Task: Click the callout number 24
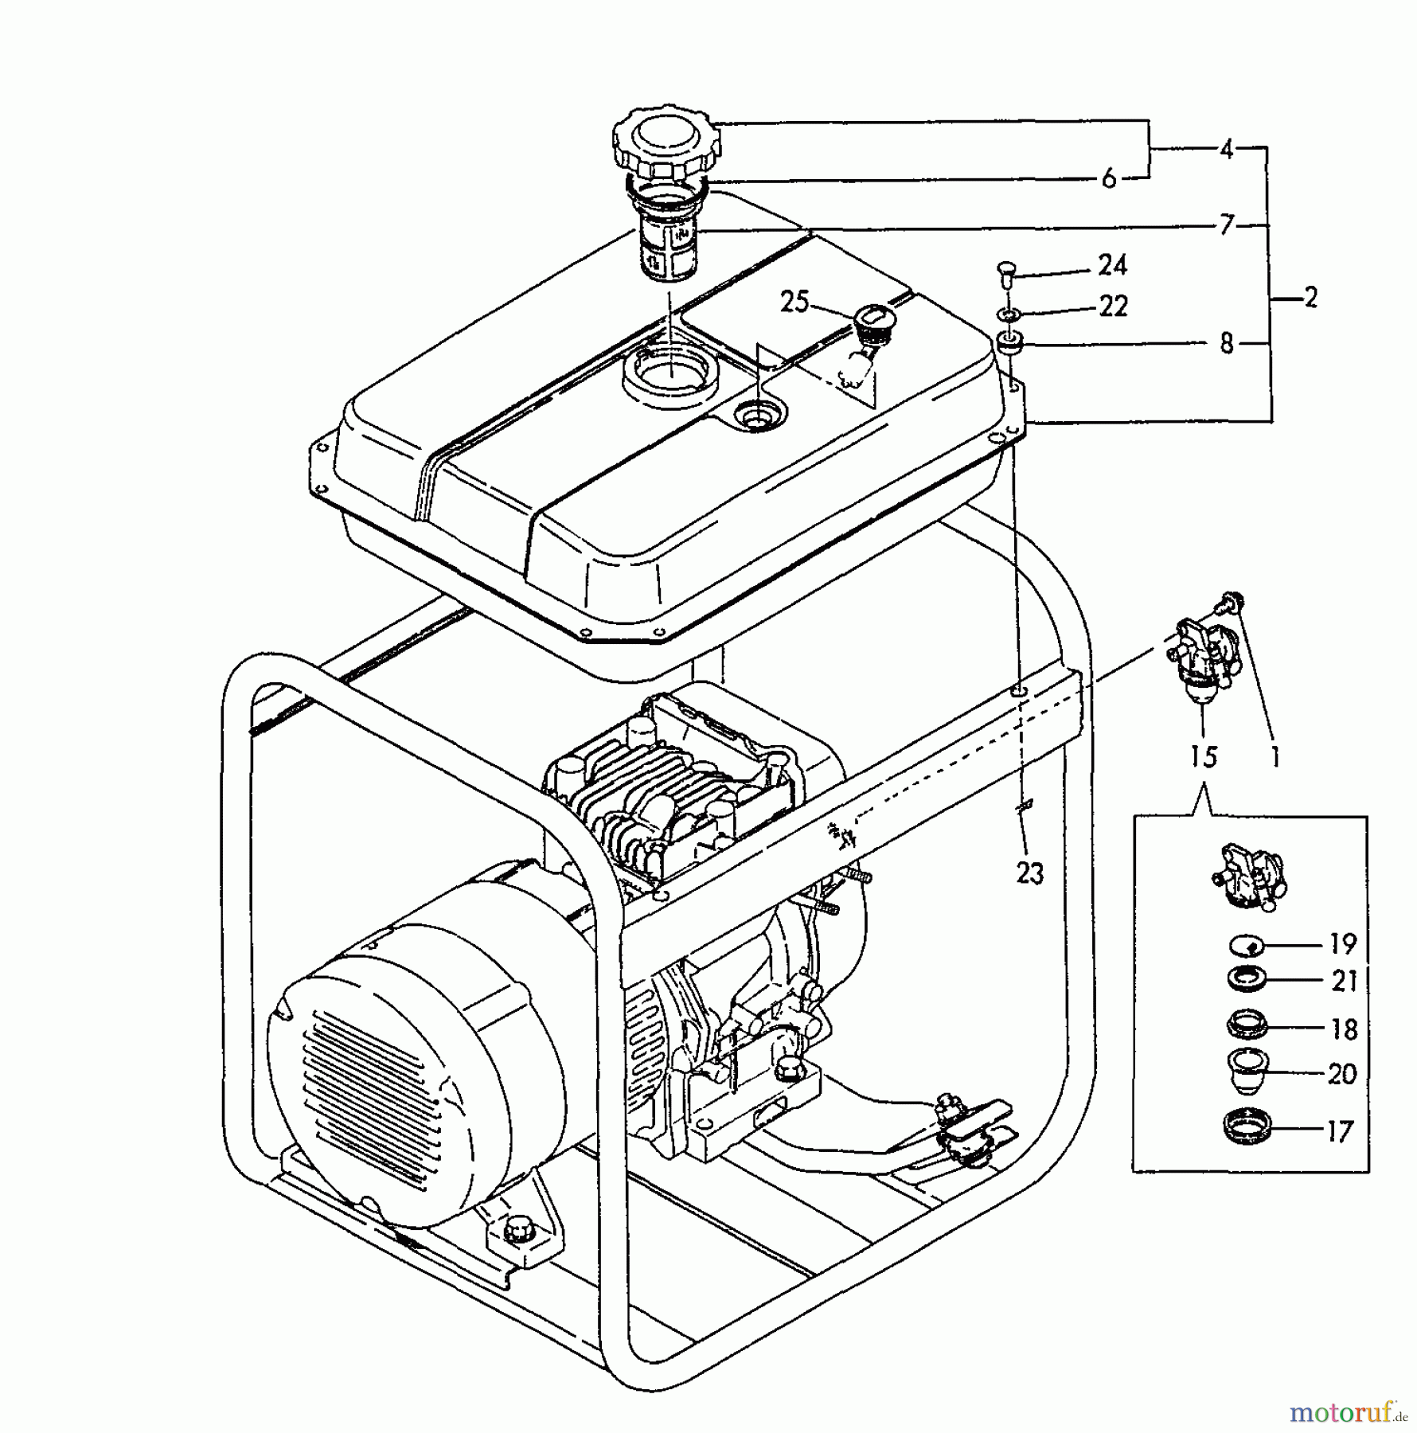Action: (1112, 265)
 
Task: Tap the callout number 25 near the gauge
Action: (794, 303)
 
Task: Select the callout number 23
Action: (1029, 873)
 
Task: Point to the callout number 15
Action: (1204, 756)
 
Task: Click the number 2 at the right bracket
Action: (1310, 298)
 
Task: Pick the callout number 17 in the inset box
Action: (1340, 1131)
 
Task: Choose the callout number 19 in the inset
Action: (1342, 944)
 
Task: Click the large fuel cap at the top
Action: (667, 144)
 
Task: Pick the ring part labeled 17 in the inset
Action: (1246, 1127)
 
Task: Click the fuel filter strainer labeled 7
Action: (667, 247)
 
